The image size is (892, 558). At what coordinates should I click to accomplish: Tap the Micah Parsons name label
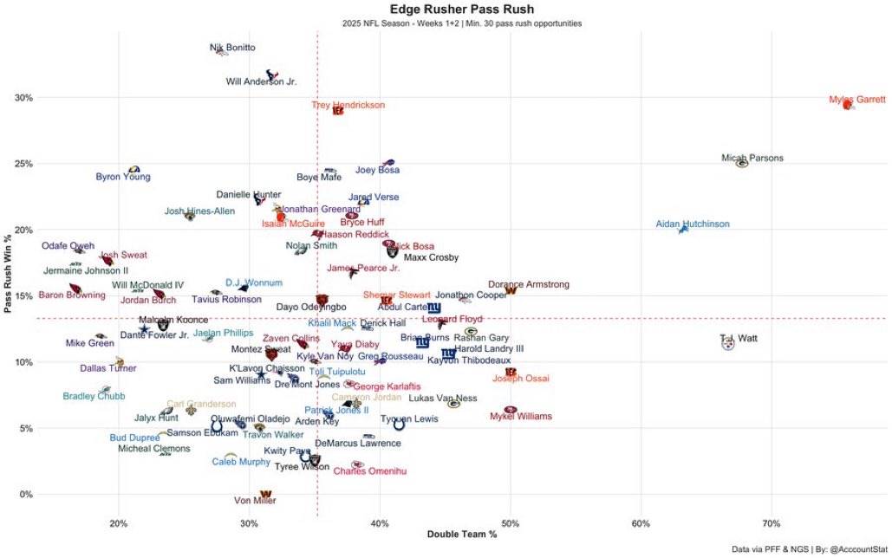click(752, 158)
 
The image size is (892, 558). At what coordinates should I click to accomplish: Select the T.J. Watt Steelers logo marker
click(728, 345)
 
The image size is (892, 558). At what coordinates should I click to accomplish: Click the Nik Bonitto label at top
click(233, 48)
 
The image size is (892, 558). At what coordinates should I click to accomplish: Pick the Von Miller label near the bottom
click(255, 501)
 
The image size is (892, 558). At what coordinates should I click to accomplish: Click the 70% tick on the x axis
click(771, 523)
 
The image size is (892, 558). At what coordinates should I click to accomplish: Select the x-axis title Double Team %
click(461, 535)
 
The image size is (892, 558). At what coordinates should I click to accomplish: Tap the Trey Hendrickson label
click(348, 105)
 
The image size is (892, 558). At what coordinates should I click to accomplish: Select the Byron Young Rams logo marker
click(133, 170)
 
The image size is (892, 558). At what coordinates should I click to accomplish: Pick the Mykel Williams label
click(520, 417)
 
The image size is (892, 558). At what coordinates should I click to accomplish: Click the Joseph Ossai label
click(520, 379)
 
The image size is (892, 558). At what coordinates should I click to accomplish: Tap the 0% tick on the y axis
click(24, 495)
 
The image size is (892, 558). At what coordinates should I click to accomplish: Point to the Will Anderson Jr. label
click(261, 81)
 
